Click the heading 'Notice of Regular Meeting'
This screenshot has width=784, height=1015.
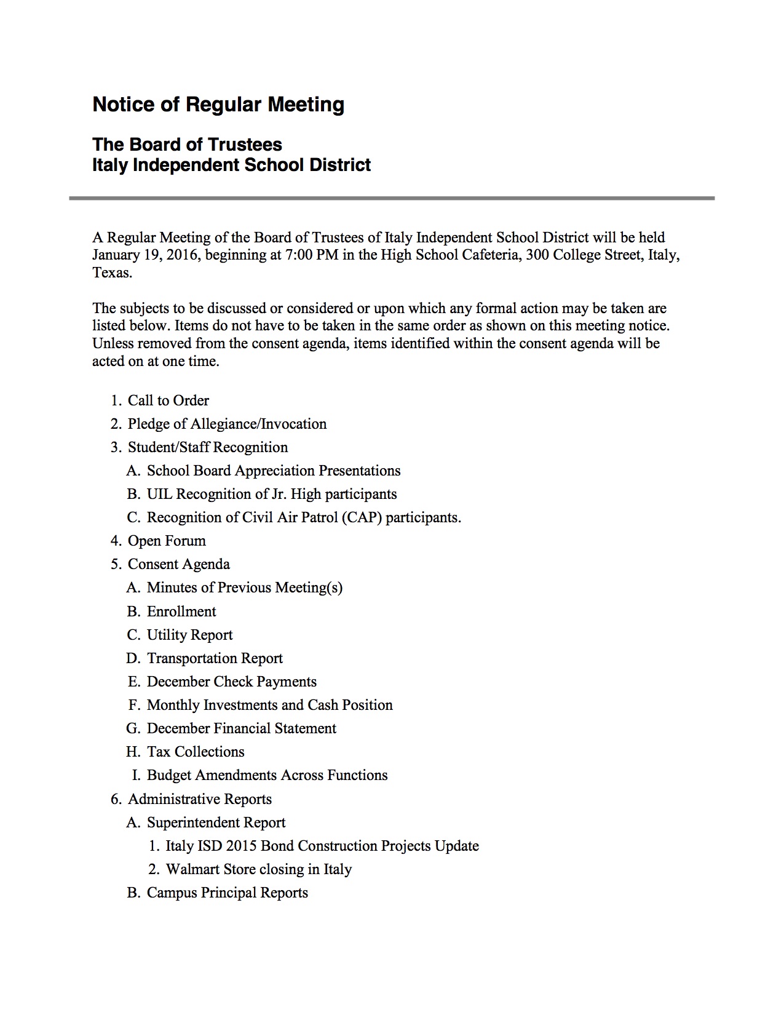tap(218, 105)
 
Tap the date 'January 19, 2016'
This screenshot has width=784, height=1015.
tap(145, 255)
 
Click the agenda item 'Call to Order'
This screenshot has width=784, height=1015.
tap(168, 400)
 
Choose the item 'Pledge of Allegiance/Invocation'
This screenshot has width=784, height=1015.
tap(227, 424)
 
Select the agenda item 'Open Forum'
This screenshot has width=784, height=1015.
tap(167, 541)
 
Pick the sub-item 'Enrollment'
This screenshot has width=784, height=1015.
tap(181, 611)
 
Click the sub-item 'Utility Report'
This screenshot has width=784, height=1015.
tap(189, 635)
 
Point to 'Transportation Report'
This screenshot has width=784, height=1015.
tap(215, 658)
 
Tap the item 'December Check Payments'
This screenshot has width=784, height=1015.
tap(231, 682)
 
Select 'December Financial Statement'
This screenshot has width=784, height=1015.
tap(241, 728)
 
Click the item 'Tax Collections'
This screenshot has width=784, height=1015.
tap(196, 752)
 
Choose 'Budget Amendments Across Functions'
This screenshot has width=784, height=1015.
tap(267, 775)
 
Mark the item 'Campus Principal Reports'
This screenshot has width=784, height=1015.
tap(227, 893)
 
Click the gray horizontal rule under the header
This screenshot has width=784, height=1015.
tap(392, 198)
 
